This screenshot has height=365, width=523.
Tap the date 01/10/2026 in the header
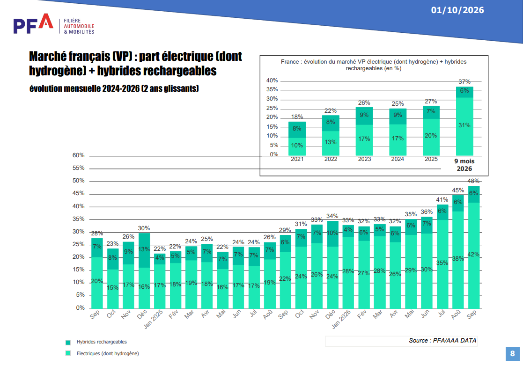click(457, 10)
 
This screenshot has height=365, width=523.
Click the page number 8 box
click(512, 354)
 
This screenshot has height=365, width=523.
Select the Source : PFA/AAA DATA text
click(442, 340)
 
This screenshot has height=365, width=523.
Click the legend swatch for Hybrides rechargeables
click(68, 343)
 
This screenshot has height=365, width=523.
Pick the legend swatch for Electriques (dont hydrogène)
click(68, 353)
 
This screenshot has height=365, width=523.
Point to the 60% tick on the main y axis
click(78, 155)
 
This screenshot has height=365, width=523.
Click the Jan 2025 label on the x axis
click(153, 319)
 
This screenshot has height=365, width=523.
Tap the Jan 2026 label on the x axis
click(341, 319)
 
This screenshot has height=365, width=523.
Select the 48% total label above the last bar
click(473, 181)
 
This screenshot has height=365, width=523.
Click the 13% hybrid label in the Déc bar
click(144, 249)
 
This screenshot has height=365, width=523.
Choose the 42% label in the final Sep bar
click(473, 255)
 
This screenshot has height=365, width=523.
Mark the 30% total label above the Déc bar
click(144, 228)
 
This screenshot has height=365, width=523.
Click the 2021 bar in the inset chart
click(297, 139)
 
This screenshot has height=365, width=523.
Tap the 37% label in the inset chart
click(464, 82)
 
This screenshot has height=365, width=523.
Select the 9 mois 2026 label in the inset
click(464, 165)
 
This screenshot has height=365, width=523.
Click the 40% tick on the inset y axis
click(272, 80)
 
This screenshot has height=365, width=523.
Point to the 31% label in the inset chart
click(464, 125)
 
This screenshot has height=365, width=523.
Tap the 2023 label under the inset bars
click(364, 159)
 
